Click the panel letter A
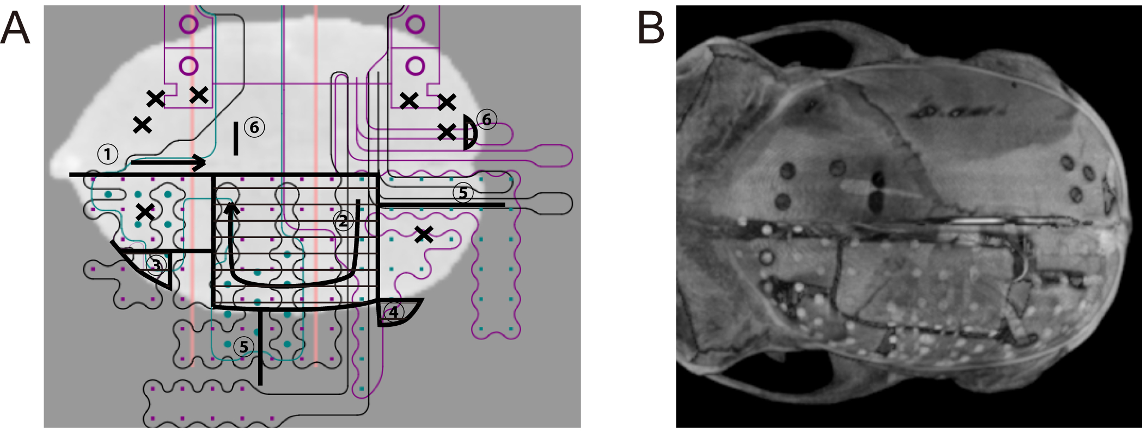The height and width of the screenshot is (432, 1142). [15, 28]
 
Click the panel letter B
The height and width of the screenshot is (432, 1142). [651, 28]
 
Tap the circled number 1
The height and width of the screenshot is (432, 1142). [108, 154]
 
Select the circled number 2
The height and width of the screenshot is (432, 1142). [343, 221]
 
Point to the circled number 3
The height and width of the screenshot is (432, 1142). [157, 265]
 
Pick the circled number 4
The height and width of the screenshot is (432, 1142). [393, 312]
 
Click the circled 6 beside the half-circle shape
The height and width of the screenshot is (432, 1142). [487, 119]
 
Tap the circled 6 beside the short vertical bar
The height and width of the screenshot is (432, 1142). [254, 127]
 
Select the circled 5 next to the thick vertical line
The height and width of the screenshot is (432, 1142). [243, 346]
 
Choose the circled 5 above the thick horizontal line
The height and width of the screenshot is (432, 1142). [463, 192]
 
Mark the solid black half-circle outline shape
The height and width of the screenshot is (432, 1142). [470, 132]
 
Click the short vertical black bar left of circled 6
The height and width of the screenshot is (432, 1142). [236, 138]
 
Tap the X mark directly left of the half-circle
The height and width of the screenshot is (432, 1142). [447, 132]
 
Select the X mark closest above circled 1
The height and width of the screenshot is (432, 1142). [143, 125]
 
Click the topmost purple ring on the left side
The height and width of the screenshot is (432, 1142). [188, 24]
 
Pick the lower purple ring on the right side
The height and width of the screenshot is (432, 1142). [416, 66]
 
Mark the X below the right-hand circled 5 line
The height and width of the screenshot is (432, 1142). [424, 235]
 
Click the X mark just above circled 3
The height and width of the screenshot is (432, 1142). [145, 211]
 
